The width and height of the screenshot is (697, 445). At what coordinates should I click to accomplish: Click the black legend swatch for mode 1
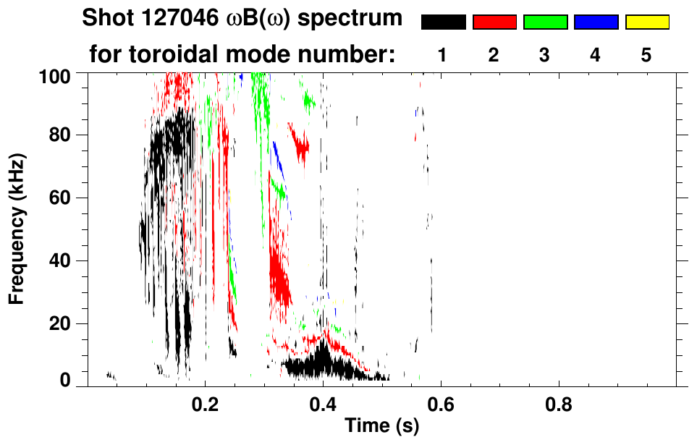[x=444, y=22]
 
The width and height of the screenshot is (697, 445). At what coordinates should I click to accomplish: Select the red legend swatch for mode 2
[x=494, y=22]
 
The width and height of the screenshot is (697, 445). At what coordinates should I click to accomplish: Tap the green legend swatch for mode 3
[x=545, y=22]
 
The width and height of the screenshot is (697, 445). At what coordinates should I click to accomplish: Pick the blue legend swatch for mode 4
[x=596, y=22]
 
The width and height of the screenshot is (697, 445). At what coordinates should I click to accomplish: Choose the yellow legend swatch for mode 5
[x=646, y=22]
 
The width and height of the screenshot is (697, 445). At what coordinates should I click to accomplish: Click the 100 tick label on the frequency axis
[x=56, y=75]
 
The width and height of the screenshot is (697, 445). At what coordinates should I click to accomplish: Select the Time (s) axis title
[x=381, y=427]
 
